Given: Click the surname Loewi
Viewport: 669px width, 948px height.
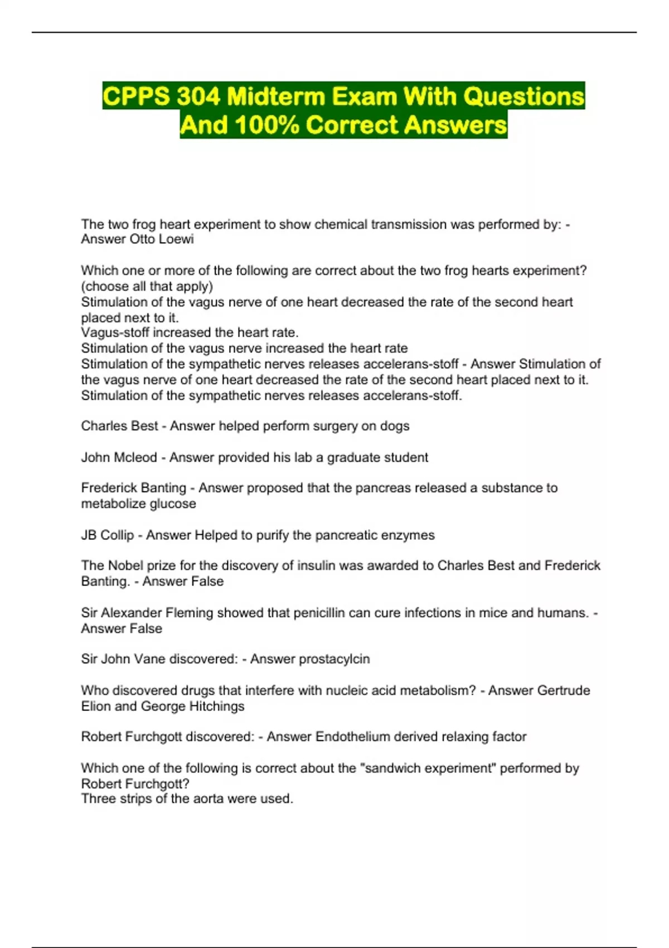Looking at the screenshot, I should tap(177, 239).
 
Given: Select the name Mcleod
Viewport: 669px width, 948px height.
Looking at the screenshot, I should tap(135, 457).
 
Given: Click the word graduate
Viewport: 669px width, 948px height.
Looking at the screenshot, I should tap(352, 457).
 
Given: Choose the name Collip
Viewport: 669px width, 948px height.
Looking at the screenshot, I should tap(117, 535).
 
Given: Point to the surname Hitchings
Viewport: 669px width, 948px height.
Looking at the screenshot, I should tap(216, 706).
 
